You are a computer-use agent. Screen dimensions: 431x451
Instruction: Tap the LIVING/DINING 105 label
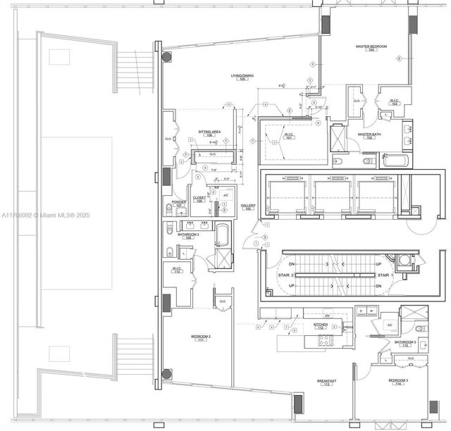[x=242, y=77]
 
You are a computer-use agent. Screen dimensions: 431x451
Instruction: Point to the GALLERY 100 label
[x=248, y=207]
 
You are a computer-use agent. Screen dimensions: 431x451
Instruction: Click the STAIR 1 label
[x=384, y=275]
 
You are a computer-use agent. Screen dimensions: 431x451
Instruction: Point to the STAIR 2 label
[x=284, y=275]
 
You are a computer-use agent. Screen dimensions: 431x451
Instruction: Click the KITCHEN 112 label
[x=320, y=325]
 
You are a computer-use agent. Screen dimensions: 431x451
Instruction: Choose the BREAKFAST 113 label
[x=327, y=382]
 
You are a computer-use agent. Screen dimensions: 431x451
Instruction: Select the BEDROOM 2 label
[x=201, y=337]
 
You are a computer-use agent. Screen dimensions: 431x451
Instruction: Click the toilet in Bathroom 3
[x=419, y=330]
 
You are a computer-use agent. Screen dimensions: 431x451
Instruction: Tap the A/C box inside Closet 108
[x=225, y=194]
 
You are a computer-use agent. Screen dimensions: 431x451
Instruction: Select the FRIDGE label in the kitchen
[x=347, y=327]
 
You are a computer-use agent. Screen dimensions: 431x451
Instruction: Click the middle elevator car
[x=332, y=198]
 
